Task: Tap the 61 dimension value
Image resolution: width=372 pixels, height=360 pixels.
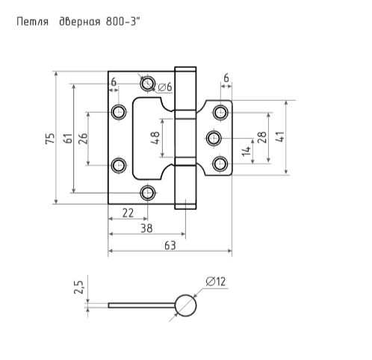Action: [x=67, y=138]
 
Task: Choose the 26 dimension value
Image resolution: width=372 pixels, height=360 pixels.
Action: [x=83, y=138]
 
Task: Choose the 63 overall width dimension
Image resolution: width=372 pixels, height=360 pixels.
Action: [x=170, y=246]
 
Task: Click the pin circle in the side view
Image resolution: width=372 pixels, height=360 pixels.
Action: [x=185, y=305]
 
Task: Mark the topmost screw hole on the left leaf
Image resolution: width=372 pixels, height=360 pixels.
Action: [x=147, y=81]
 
